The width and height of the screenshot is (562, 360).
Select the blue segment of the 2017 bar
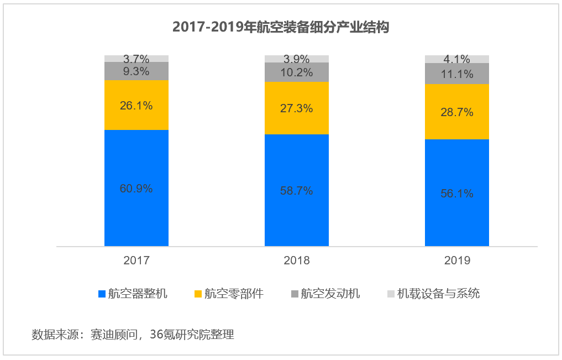[136, 216]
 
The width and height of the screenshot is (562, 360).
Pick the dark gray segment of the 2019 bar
[457, 73]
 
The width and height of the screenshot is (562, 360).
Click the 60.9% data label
[136, 189]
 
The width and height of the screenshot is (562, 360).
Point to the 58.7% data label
[297, 191]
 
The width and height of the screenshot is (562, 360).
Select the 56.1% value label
[457, 194]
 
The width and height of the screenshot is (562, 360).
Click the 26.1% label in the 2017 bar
[136, 106]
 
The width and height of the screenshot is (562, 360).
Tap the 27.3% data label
[297, 108]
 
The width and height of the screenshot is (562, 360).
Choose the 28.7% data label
[457, 112]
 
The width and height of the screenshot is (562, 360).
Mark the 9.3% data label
[136, 71]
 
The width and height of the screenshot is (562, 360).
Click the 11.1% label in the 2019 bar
[457, 74]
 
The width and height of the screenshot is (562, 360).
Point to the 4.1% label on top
[457, 59]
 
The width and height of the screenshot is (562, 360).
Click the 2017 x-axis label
[136, 260]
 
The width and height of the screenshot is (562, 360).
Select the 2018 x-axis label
[297, 260]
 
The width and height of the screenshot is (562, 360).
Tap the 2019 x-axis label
[457, 260]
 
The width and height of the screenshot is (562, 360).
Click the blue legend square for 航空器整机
[102, 294]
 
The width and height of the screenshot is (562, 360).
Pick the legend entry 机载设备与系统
[438, 294]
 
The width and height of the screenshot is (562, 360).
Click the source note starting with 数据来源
[133, 335]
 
